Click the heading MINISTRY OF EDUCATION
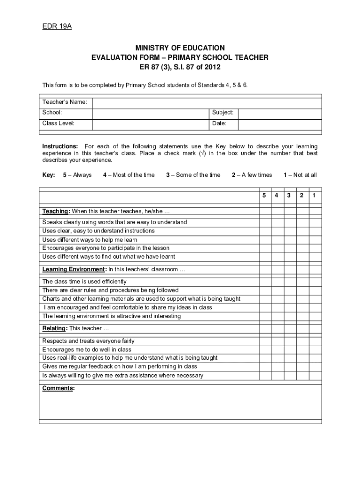point(180,48)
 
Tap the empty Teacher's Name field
point(207,102)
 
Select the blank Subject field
point(280,113)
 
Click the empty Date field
point(280,123)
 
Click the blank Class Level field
point(151,123)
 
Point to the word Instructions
point(60,146)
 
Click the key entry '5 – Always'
point(77,175)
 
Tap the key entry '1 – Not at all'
point(300,175)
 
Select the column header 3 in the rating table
point(290,195)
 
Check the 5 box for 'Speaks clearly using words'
point(265,222)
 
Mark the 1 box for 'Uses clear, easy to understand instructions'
point(315,231)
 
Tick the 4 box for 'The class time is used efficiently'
point(277,282)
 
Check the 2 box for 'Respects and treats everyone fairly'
point(302,341)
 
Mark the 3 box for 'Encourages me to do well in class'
point(290,349)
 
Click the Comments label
point(58,388)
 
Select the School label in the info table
point(52,113)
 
